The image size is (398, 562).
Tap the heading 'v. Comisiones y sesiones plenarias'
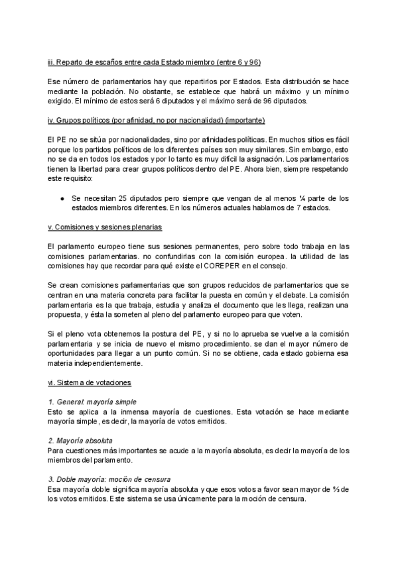(105, 227)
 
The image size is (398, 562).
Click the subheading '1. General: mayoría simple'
(92, 402)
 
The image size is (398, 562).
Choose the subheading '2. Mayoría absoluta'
(80, 440)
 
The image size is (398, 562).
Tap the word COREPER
(235, 265)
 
